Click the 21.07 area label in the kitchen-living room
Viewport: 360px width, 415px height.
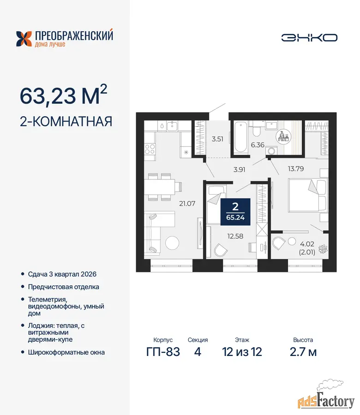click(187, 203)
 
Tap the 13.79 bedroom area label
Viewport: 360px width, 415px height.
click(296, 169)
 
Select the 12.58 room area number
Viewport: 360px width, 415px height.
click(235, 236)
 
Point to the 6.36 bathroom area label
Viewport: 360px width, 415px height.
click(258, 145)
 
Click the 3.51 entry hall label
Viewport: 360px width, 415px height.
click(217, 139)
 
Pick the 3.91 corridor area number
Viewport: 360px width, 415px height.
click(239, 170)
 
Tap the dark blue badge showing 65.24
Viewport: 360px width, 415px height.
click(235, 212)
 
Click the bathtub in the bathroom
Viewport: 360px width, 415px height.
click(240, 136)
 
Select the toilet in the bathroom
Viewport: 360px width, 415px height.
click(256, 129)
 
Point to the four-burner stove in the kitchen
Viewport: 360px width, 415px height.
click(150, 149)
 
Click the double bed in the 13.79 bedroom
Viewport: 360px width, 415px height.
click(308, 195)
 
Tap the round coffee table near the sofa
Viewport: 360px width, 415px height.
click(172, 243)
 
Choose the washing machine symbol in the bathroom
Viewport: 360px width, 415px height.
click(271, 151)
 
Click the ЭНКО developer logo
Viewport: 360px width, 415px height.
click(309, 38)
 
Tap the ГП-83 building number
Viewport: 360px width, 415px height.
click(163, 352)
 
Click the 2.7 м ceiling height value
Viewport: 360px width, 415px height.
click(303, 352)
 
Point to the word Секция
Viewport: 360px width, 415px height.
click(198, 340)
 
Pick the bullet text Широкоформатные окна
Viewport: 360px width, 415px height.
click(66, 352)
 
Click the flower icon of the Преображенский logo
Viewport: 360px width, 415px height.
click(24, 39)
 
